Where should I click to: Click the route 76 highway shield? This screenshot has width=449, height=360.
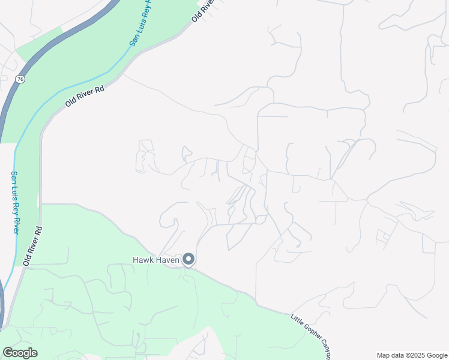point(21,79)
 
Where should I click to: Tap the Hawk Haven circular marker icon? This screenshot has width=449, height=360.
point(188,260)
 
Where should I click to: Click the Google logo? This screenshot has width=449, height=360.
point(20,353)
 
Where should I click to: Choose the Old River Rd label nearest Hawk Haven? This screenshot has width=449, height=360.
point(32,246)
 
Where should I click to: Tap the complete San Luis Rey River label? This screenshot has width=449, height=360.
point(14,202)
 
